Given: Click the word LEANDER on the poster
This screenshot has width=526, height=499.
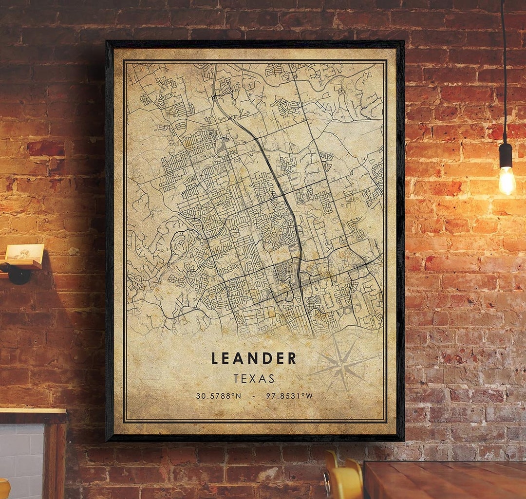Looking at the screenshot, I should [x=254, y=358].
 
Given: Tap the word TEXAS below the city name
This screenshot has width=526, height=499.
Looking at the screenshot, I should [x=254, y=378].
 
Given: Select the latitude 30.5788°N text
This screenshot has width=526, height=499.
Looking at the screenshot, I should [x=219, y=396].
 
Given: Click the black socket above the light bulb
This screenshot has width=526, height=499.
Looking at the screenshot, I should [x=506, y=155].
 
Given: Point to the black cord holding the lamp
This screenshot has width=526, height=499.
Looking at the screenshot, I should [x=504, y=73].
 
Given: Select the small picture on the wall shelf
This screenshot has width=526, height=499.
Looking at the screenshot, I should [x=24, y=252].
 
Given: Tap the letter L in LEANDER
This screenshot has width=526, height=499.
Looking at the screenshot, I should [x=215, y=359].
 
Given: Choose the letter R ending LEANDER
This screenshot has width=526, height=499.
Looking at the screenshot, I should [x=292, y=359].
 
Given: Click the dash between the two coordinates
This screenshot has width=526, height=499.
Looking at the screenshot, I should [x=254, y=396].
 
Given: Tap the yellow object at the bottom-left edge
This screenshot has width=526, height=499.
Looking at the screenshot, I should [x=4, y=488].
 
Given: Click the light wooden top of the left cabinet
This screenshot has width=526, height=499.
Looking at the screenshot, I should [x=32, y=412].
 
